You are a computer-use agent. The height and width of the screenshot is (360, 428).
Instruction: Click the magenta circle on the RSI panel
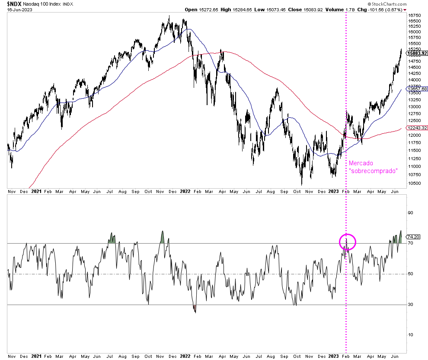pyautogui.click(x=348, y=242)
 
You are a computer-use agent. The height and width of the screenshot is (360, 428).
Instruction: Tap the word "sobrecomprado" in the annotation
pyautogui.click(x=373, y=171)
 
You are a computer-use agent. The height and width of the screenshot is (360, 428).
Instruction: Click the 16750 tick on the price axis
pyautogui.click(x=415, y=15)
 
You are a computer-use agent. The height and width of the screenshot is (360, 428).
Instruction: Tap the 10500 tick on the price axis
pyautogui.click(x=415, y=183)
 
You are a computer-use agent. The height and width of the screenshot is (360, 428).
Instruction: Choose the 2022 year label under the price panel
pyautogui.click(x=185, y=191)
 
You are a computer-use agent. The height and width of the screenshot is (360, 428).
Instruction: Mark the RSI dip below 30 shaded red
pyautogui.click(x=195, y=309)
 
